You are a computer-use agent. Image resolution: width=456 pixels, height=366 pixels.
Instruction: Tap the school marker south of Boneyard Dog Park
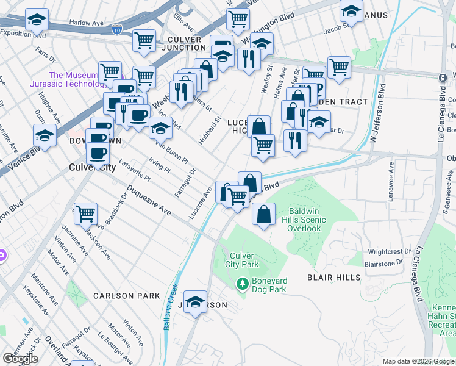coord(196,302)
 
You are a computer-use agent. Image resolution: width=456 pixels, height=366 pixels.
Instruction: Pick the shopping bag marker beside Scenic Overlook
coord(263,215)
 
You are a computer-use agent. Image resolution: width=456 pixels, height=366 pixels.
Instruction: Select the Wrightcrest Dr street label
coord(390,251)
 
